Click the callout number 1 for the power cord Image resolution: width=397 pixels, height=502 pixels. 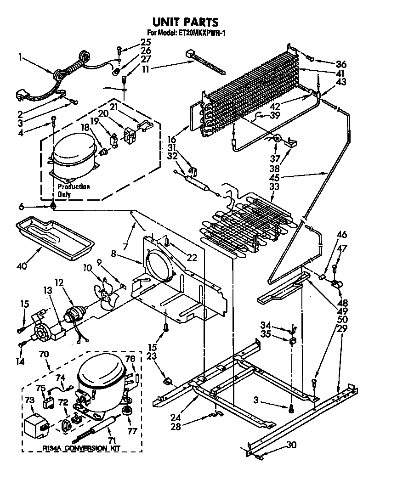[x=20, y=57]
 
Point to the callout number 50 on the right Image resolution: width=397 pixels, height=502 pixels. [x=342, y=318]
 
